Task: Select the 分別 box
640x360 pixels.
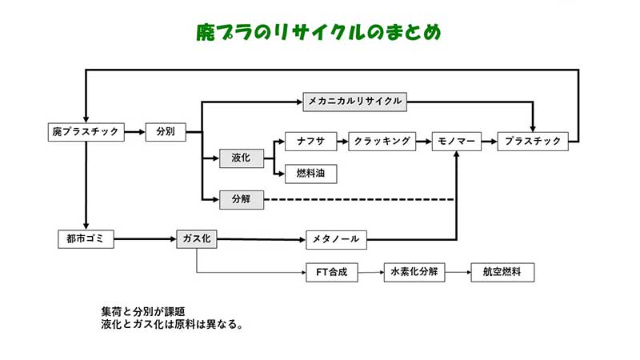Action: click(x=166, y=132)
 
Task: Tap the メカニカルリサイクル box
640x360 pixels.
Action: click(x=353, y=102)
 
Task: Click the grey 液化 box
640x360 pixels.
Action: click(x=242, y=158)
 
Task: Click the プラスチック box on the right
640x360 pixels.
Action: click(x=534, y=142)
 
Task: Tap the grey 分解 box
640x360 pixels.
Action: click(x=242, y=198)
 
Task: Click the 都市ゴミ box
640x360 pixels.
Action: click(x=86, y=238)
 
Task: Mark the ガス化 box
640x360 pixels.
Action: click(x=196, y=238)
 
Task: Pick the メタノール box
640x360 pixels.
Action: click(x=337, y=238)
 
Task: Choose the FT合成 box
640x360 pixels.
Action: click(x=331, y=273)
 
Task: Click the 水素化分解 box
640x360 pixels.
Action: click(x=413, y=273)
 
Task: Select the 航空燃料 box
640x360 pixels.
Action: click(x=502, y=273)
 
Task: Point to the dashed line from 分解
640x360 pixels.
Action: click(x=360, y=198)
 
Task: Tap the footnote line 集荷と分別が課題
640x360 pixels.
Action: click(x=144, y=311)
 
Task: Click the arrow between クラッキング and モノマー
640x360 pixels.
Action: click(x=424, y=142)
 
